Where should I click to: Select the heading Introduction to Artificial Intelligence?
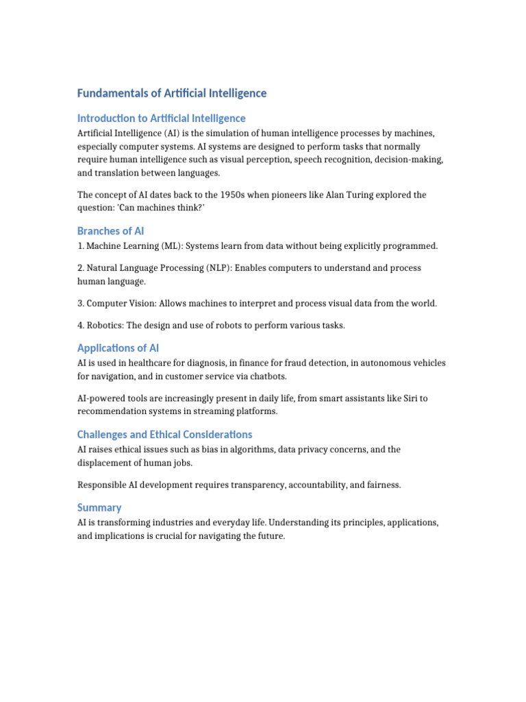point(161,118)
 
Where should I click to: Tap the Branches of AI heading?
point(110,231)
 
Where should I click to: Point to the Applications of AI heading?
point(118,348)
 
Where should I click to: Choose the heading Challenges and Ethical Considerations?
point(164,435)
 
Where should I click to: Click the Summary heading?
point(99,507)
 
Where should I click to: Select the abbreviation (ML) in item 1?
point(171,245)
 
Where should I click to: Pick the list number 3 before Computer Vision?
point(80,303)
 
